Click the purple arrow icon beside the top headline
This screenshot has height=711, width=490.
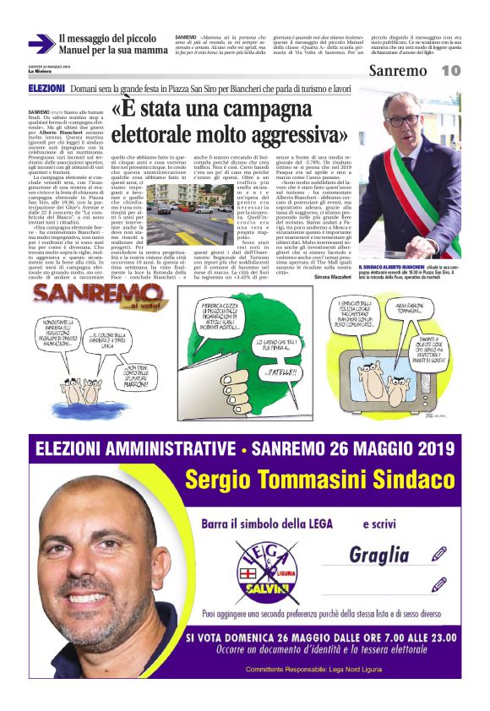[x=41, y=44]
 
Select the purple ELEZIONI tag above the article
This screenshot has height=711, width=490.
[x=46, y=88]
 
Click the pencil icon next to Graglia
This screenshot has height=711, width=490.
[x=438, y=530]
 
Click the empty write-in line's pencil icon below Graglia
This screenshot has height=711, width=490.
[x=438, y=583]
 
